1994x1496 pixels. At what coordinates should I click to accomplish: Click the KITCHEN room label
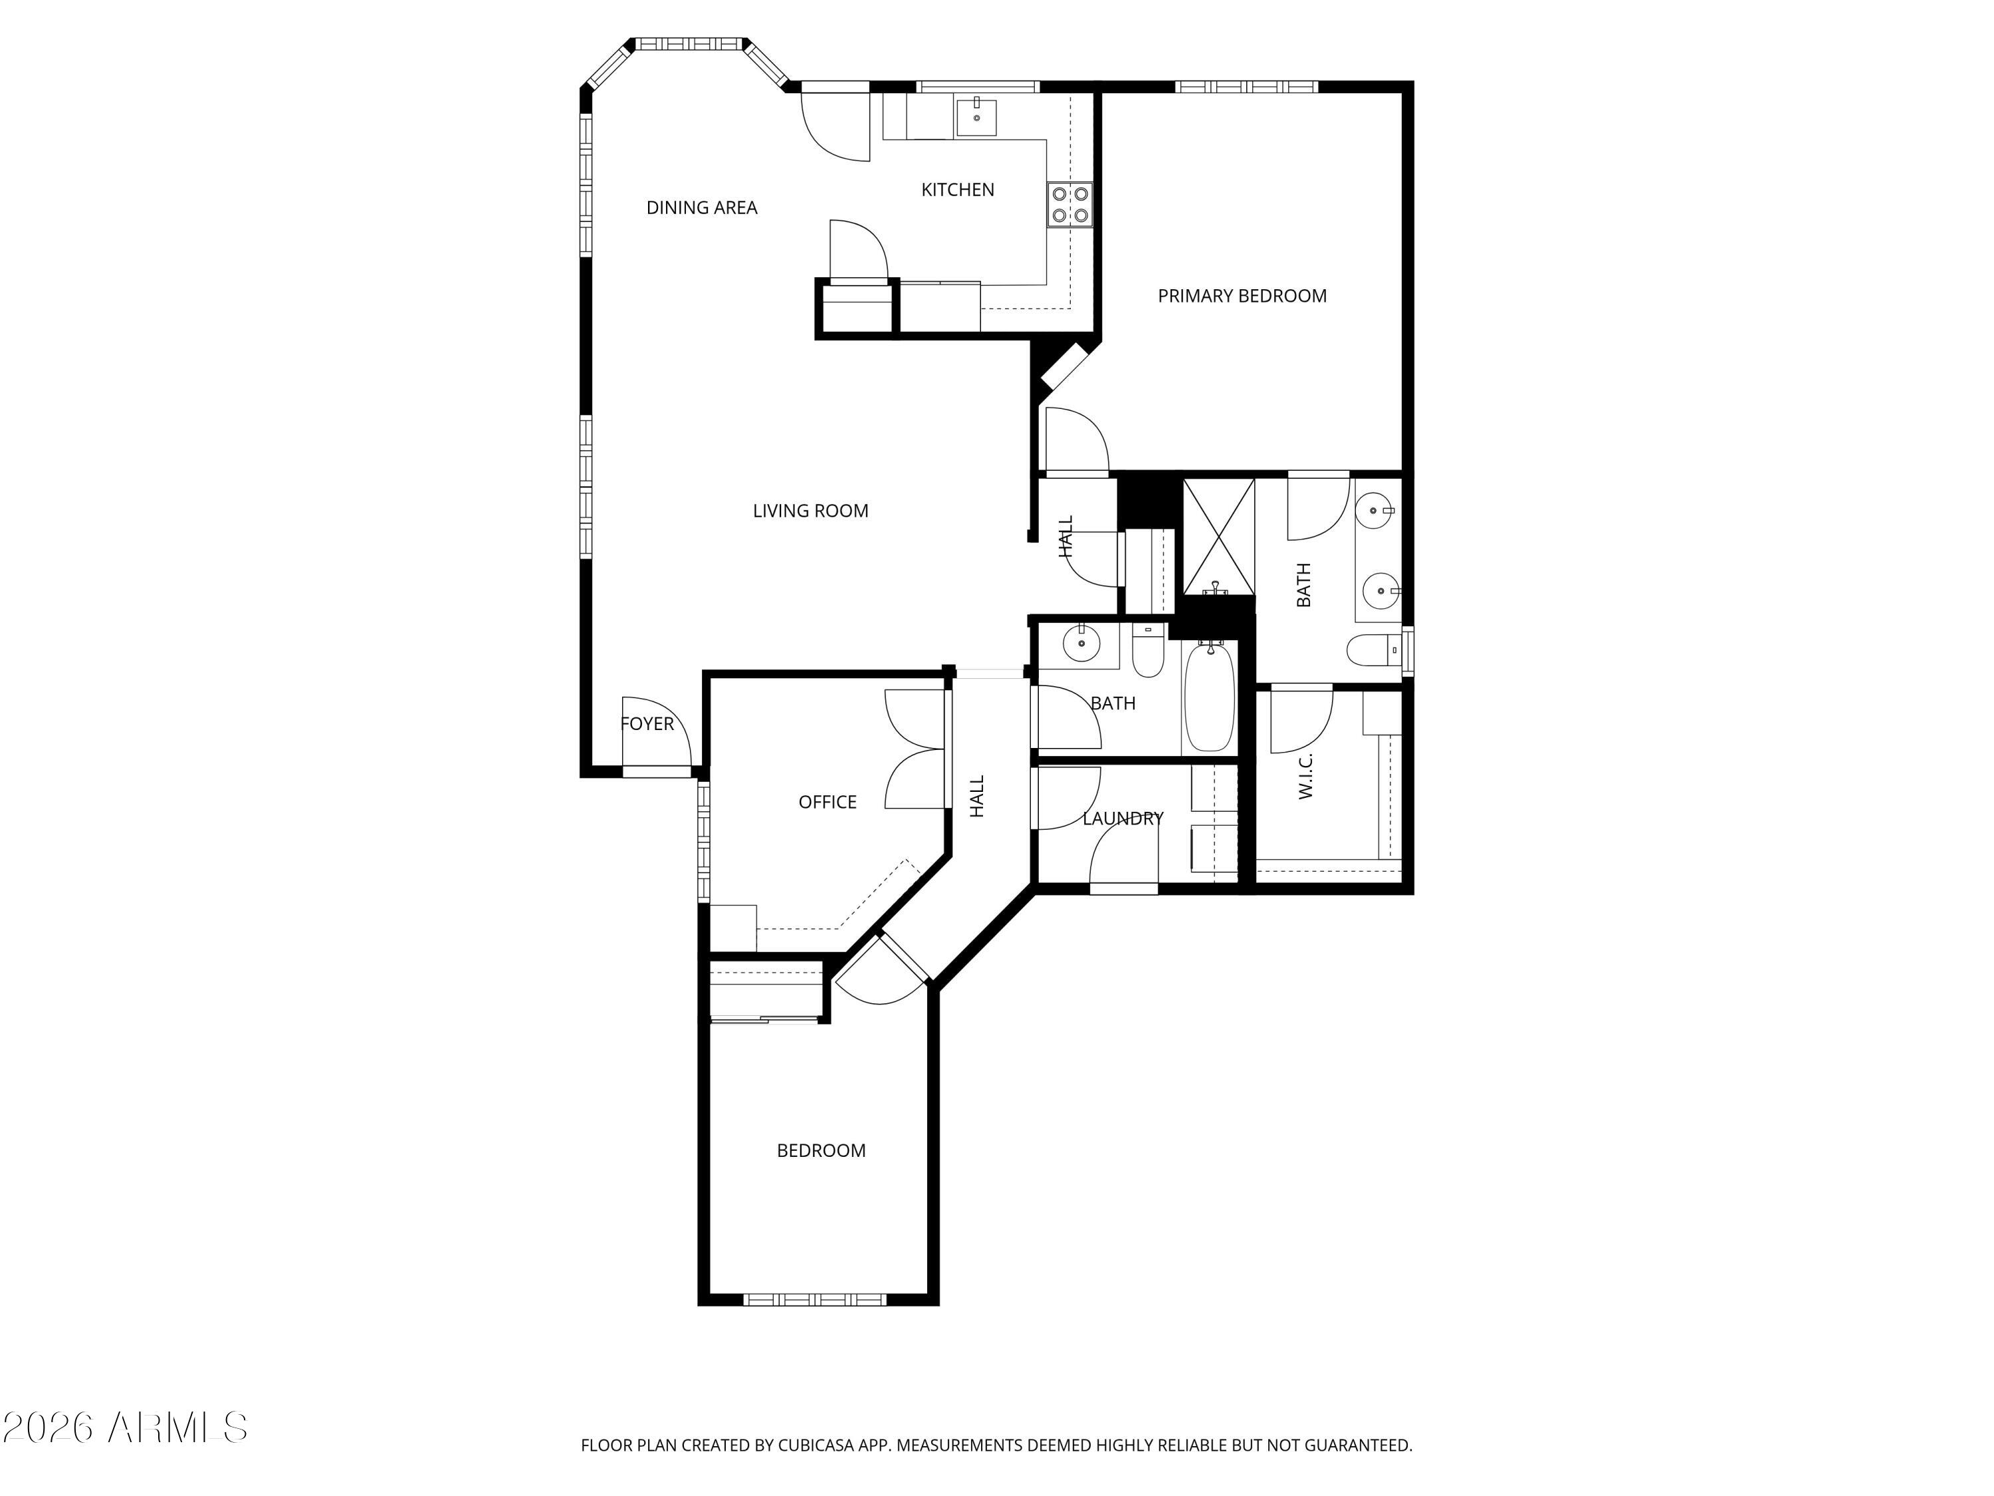957,189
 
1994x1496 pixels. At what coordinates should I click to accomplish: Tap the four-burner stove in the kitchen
1069,205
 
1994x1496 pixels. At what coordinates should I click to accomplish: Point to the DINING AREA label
701,207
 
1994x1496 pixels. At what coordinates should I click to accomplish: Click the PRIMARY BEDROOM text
1242,296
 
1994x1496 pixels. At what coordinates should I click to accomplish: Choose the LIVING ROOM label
810,511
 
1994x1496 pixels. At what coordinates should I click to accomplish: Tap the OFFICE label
827,802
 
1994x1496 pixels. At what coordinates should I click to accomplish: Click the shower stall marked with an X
1218,537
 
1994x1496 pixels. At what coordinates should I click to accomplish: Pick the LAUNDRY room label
1123,818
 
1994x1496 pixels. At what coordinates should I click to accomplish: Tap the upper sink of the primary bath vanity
1375,511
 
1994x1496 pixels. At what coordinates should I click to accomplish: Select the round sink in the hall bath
1080,644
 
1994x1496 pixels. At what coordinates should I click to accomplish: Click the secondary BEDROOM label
820,1151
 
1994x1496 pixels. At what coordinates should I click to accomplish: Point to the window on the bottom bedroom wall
814,1299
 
